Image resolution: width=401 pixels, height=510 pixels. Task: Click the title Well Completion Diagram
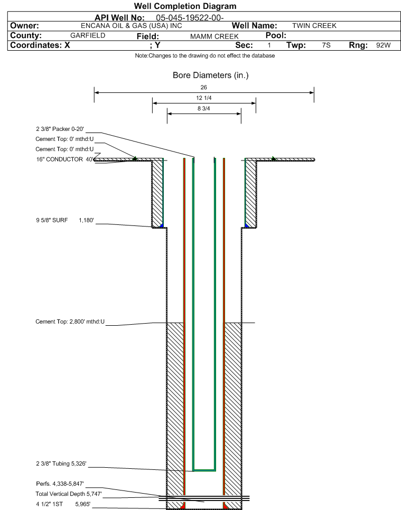tap(185, 6)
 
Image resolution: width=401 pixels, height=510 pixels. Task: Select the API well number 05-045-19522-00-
tap(190, 17)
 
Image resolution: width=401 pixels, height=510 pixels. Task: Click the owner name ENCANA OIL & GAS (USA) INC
tap(132, 26)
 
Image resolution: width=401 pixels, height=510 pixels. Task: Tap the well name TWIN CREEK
tap(314, 26)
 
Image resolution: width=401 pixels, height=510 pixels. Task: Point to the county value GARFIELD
tap(88, 35)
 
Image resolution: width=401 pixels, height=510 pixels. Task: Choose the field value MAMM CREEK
tap(214, 36)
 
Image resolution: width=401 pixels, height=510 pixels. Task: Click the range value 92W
tap(384, 45)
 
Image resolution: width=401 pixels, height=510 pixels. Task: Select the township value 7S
tap(326, 45)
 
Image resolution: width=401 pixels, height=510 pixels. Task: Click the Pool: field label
tap(276, 35)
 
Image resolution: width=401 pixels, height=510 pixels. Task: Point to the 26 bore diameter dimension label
tap(204, 87)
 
